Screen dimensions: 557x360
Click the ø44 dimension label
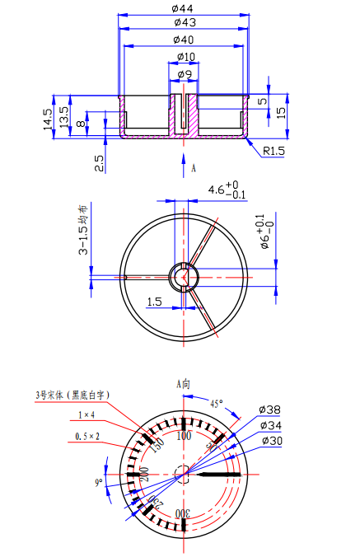(182, 7)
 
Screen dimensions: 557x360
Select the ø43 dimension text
(184, 22)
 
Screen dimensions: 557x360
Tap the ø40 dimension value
(184, 40)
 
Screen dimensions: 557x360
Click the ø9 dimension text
(185, 75)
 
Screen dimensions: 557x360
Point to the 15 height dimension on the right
(281, 111)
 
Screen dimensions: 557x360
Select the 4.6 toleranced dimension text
(217, 191)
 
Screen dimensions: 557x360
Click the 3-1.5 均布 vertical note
(83, 230)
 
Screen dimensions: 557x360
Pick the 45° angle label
(217, 405)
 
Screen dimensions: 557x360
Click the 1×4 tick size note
(86, 414)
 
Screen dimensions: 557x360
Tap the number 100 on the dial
(184, 434)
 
